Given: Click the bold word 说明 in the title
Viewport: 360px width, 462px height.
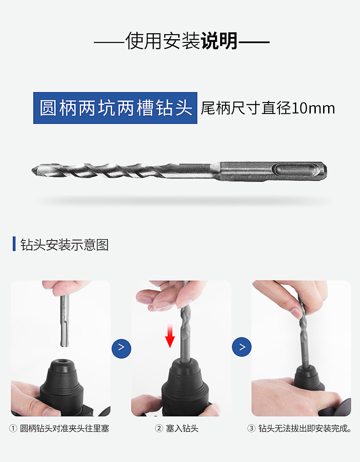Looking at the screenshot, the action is (220, 41).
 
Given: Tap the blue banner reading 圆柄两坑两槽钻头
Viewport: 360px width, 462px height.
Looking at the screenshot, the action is (115, 108).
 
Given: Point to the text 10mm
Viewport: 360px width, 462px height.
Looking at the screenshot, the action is (313, 108).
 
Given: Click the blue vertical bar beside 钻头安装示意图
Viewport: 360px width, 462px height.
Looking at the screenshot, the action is (14, 244).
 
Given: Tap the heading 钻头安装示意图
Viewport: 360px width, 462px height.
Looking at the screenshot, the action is (65, 245).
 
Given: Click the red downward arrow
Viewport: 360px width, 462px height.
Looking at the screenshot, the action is (170, 336).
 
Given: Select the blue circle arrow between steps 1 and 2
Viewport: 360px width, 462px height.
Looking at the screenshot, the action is (121, 349).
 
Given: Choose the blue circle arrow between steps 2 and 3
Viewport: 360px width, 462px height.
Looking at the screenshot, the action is (242, 347).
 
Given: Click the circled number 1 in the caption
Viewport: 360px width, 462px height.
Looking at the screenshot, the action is (13, 428).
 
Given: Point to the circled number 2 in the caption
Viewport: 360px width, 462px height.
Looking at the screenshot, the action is (159, 428).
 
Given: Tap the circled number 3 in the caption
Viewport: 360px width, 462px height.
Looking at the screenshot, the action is (251, 428).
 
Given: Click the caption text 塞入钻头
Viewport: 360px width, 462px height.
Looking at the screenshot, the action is (182, 428).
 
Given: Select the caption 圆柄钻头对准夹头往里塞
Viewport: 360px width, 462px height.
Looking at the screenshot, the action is (65, 428).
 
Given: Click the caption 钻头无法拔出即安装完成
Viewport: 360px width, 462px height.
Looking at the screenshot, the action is (305, 428).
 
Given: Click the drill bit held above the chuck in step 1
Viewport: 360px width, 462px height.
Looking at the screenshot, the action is (65, 321).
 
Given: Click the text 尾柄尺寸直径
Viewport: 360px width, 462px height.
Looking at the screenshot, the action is (246, 108).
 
